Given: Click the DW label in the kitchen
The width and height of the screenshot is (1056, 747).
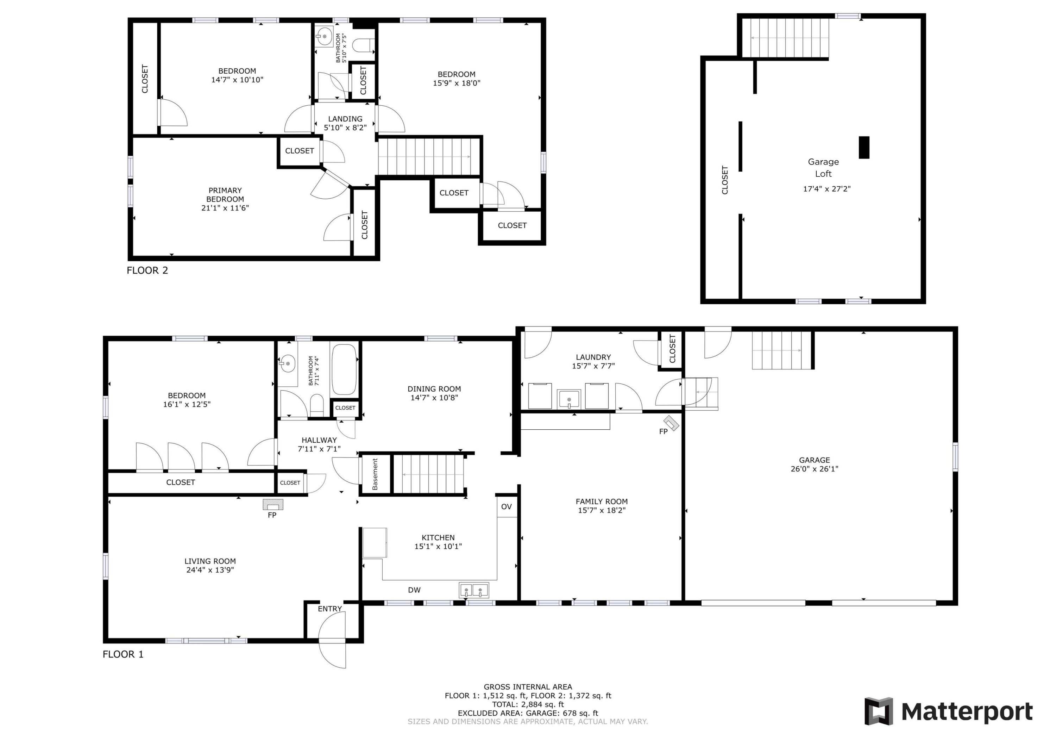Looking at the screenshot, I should coord(414,590).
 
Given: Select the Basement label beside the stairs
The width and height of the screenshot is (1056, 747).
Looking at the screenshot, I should coord(375,474).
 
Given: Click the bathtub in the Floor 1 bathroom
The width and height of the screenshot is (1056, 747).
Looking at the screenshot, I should coord(344,369).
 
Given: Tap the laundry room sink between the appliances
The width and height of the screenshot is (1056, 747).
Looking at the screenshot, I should coord(569,399).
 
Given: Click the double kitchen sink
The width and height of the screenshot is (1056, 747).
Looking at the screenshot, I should coord(474,590).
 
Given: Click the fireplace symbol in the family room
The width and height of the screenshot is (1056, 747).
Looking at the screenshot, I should coord(671,423).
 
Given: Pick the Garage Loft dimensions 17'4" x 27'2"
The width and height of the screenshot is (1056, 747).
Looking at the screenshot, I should coord(826,189).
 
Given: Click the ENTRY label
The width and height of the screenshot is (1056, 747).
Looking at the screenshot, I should coord(330,609).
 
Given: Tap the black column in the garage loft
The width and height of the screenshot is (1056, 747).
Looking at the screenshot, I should coord(864,147).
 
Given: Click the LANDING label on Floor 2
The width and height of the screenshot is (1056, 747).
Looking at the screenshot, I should coord(345,119).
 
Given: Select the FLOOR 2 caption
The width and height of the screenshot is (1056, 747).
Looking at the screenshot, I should coord(147,270).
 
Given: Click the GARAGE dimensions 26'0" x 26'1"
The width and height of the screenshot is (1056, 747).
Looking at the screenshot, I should coord(814,468).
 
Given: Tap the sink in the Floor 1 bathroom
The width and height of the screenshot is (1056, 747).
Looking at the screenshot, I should coord(288,363).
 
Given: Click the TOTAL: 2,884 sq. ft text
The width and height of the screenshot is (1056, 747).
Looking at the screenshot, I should coord(528,704).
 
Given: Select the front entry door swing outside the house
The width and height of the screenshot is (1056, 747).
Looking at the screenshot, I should coord(332,654).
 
